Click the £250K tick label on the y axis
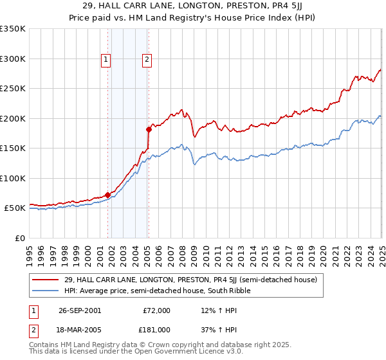point(12,88)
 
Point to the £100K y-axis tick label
point(12,178)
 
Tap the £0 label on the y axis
point(19,238)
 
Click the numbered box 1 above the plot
point(106,60)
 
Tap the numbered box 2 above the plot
point(147,60)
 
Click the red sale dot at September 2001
point(107,195)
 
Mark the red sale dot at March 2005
point(149,129)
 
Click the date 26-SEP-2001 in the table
point(80,310)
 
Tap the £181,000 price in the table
point(157,329)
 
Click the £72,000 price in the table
point(157,310)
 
